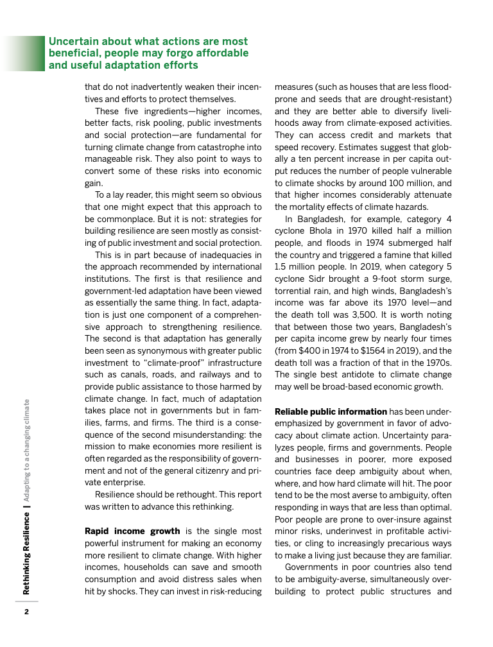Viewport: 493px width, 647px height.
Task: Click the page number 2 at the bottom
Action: [x=26, y=610]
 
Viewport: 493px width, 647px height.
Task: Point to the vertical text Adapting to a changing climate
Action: [x=26, y=449]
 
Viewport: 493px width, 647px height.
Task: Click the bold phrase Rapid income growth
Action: [x=132, y=531]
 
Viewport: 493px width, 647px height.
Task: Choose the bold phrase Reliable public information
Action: [x=331, y=411]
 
